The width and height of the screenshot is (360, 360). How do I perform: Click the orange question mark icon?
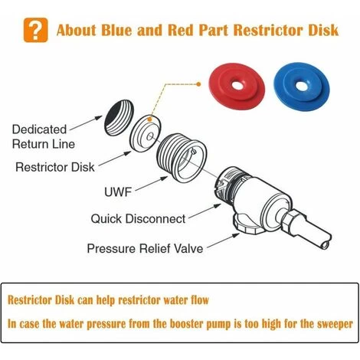(35, 30)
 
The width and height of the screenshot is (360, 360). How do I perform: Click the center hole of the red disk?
(237, 85)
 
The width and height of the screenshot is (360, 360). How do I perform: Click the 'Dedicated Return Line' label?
(44, 136)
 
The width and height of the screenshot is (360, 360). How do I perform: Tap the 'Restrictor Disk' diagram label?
(55, 167)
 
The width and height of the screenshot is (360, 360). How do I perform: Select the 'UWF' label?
(118, 191)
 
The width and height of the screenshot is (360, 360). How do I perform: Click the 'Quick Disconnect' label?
(138, 219)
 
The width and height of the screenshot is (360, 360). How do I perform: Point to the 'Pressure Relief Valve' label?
(145, 248)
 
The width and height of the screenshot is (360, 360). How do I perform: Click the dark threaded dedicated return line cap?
(119, 118)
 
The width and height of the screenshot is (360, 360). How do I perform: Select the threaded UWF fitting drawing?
(182, 159)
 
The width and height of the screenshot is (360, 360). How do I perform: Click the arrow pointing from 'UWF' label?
(151, 184)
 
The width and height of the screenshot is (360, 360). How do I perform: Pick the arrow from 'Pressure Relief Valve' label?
(223, 241)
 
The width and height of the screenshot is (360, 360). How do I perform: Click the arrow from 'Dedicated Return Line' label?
(86, 123)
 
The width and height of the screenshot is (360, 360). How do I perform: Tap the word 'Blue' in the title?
(116, 30)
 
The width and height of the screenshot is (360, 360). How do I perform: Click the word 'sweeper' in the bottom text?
(335, 324)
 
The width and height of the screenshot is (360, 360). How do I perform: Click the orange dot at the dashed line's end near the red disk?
(198, 84)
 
